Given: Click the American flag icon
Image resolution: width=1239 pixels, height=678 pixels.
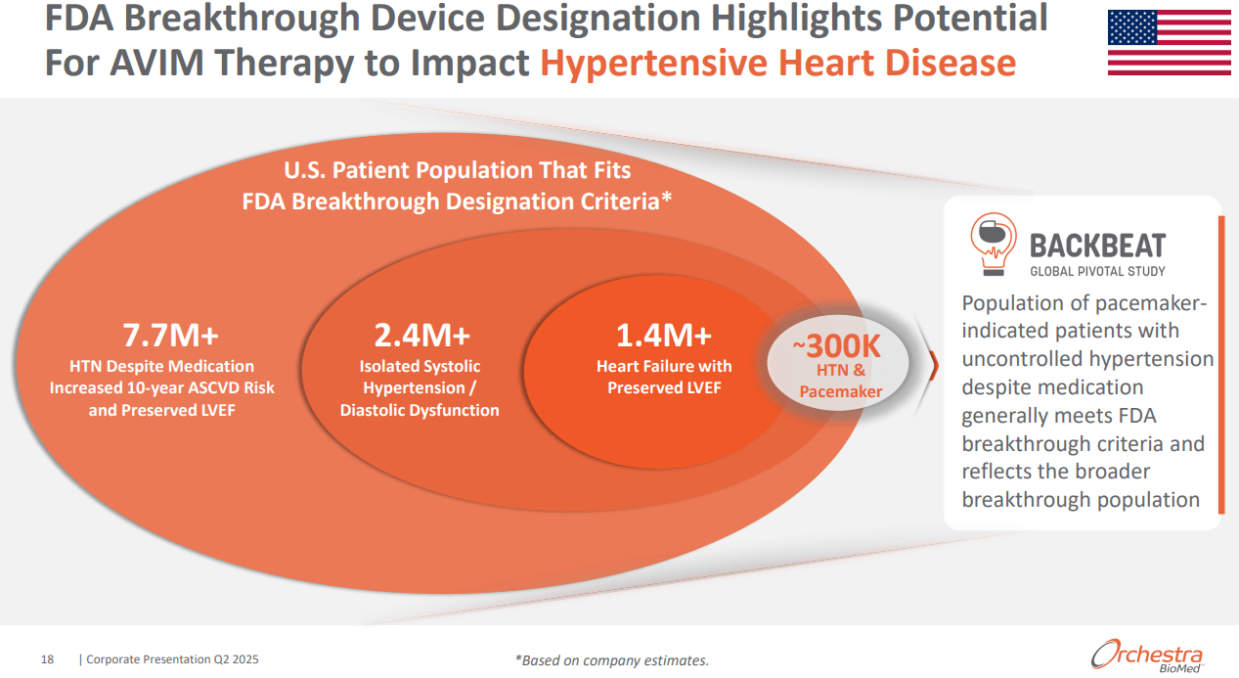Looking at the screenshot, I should click(1169, 43).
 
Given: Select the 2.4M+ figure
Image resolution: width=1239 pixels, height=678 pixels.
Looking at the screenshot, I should click(421, 335).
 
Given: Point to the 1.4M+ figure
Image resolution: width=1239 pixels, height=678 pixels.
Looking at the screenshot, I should click(663, 335).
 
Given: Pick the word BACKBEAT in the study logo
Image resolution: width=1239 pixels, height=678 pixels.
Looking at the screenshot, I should click(1097, 245).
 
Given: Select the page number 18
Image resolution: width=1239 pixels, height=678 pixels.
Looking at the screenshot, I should click(47, 659).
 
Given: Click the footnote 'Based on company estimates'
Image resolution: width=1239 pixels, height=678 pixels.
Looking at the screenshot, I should click(611, 660).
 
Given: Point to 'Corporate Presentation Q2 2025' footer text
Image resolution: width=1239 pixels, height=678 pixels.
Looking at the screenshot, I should click(173, 659).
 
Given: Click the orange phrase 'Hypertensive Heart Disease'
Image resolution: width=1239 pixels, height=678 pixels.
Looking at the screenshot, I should click(777, 63).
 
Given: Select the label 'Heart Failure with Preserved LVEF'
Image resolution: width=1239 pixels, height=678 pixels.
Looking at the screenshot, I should click(664, 377).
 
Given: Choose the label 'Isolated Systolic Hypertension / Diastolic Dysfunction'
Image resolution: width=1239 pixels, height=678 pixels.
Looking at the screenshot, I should click(420, 387).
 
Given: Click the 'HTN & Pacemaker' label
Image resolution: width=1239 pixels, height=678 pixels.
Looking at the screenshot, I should click(840, 381).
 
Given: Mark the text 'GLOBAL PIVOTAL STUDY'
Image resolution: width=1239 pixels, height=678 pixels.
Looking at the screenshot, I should click(1097, 271).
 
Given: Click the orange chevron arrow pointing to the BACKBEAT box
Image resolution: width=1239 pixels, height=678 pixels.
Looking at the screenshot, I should click(932, 364).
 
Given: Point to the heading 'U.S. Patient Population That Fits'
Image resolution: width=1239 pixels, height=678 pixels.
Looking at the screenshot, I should click(457, 170).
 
